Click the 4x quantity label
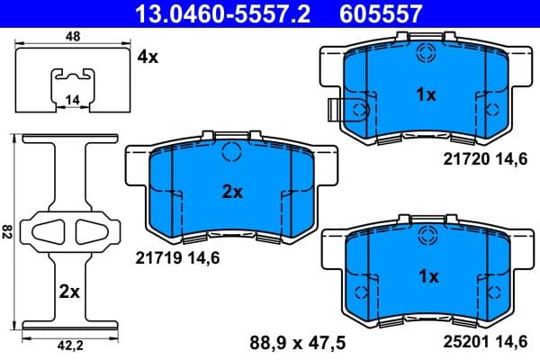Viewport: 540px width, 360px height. point(147,57)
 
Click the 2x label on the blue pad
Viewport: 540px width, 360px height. point(233,191)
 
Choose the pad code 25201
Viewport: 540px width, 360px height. point(463,342)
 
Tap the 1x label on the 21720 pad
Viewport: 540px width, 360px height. point(426,94)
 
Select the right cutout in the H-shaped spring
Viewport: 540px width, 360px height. point(89,231)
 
